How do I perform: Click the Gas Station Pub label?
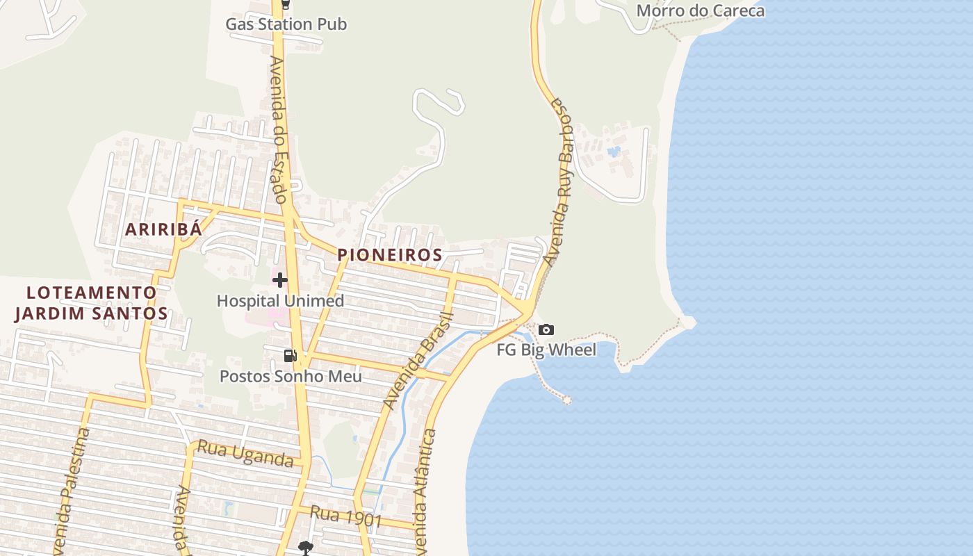[286, 24]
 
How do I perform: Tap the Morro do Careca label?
[700, 11]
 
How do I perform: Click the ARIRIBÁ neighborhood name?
[163, 229]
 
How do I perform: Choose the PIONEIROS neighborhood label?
[390, 255]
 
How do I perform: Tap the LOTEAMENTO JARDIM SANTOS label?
[91, 302]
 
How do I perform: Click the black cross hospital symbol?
[280, 280]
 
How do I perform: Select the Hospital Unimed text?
[280, 301]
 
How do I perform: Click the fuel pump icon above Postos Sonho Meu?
[290, 356]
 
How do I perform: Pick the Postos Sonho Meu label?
[291, 376]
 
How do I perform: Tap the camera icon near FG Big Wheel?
[546, 329]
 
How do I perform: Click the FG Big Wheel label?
[546, 350]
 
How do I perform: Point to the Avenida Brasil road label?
[418, 361]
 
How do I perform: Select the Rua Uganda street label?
[245, 453]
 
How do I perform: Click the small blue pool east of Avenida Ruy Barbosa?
[613, 151]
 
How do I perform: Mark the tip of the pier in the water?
[567, 400]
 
